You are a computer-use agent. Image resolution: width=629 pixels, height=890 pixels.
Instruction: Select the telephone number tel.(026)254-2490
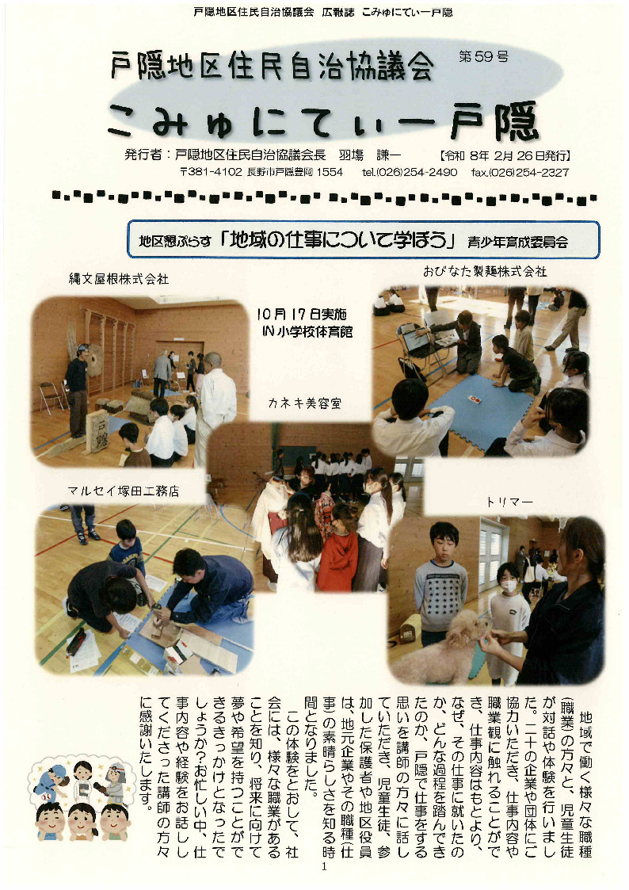(410, 172)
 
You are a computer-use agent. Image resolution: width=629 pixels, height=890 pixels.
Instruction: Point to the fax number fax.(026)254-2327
(519, 172)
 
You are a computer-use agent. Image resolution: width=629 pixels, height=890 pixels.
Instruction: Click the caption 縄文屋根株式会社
(119, 279)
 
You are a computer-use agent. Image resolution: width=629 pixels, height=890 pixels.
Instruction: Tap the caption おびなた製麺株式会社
(485, 271)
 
